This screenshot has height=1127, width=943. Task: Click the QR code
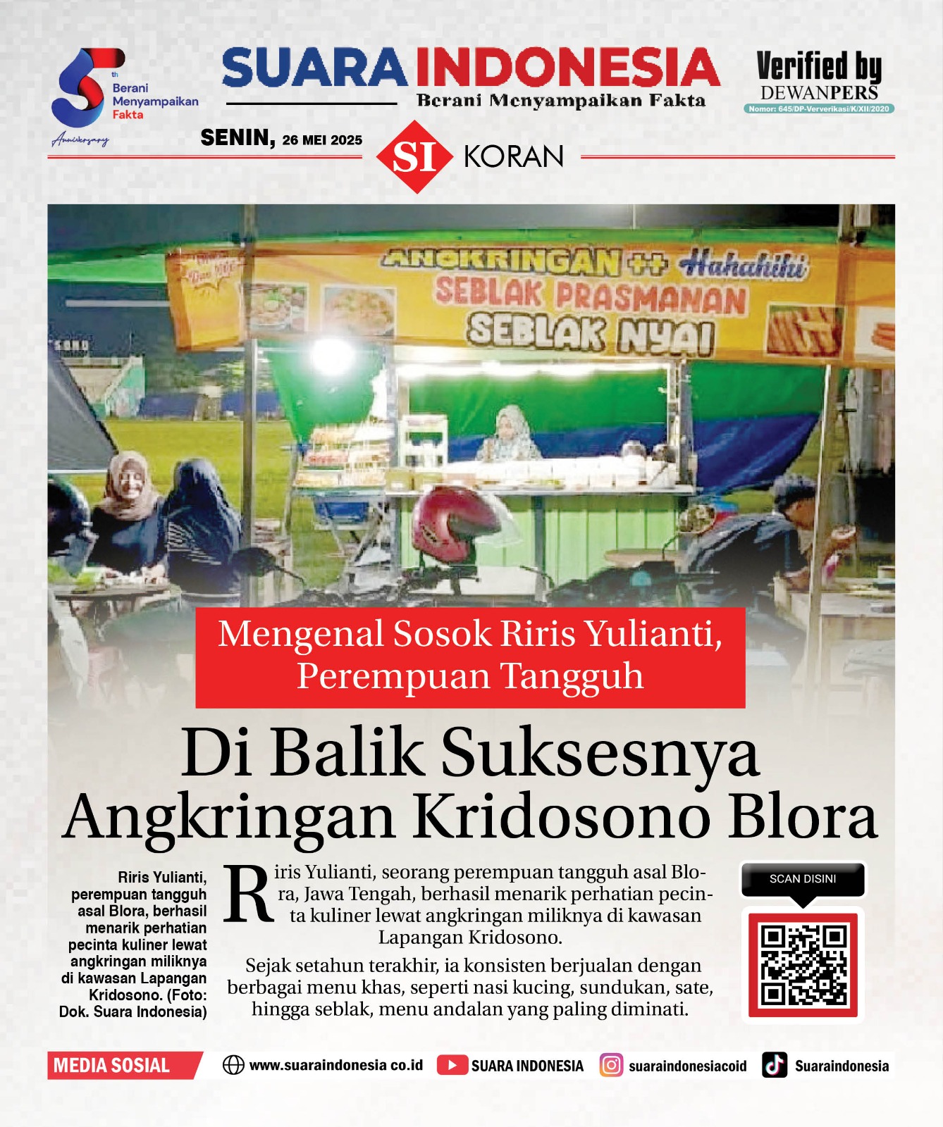click(803, 965)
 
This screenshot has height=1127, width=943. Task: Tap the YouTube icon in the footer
click(452, 1065)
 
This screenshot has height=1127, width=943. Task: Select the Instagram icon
click(611, 1065)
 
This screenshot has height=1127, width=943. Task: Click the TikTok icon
click(775, 1065)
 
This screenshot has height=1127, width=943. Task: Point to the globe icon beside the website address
click(233, 1065)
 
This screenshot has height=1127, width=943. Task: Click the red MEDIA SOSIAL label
click(120, 1065)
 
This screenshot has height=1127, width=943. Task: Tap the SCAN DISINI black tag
click(803, 879)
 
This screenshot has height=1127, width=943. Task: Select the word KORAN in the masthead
click(514, 156)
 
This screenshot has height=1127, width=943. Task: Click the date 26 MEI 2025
click(322, 140)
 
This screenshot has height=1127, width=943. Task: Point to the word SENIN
click(237, 137)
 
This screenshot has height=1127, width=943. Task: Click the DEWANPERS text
click(819, 93)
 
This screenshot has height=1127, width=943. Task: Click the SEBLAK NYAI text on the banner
click(591, 333)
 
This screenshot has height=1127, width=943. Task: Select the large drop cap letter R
click(248, 895)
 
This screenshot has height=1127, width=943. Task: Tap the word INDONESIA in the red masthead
click(567, 68)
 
